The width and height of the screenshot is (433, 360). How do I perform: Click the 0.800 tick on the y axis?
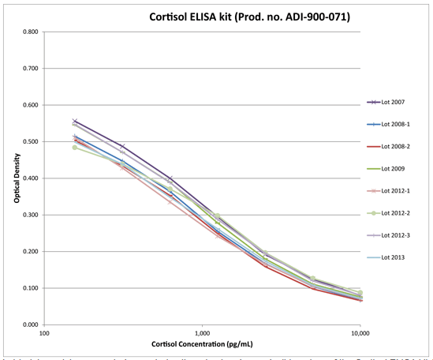32,32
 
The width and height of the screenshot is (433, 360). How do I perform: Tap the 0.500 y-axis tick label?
32,142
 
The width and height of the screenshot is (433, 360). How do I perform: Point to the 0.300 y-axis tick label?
32,215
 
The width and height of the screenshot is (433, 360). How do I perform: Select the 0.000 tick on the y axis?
32,324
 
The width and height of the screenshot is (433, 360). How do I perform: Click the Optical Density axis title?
15,178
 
